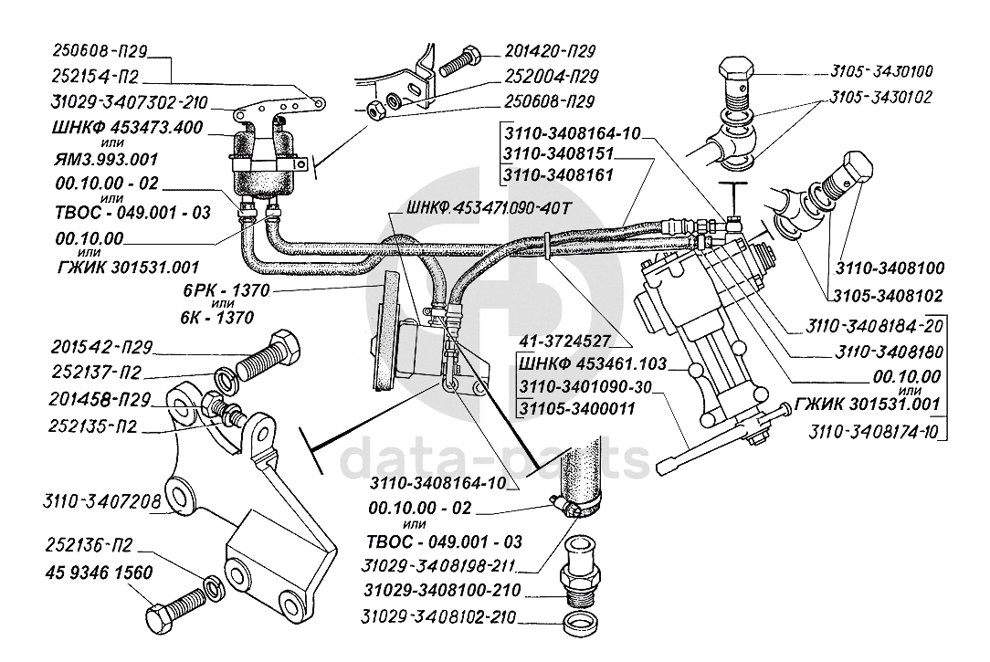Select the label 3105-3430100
click(x=881, y=71)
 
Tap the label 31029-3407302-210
click(x=130, y=102)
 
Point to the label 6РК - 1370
click(x=226, y=291)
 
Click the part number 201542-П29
click(x=102, y=347)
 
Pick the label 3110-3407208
click(x=101, y=502)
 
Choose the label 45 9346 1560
click(x=100, y=573)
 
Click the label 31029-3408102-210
click(x=438, y=616)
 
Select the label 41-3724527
click(x=565, y=342)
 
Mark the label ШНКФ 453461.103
click(x=593, y=364)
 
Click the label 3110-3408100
click(x=890, y=268)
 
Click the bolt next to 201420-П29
click(x=460, y=60)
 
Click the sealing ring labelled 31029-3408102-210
click(x=580, y=621)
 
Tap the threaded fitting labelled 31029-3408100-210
click(x=580, y=571)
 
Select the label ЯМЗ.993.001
click(x=105, y=159)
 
